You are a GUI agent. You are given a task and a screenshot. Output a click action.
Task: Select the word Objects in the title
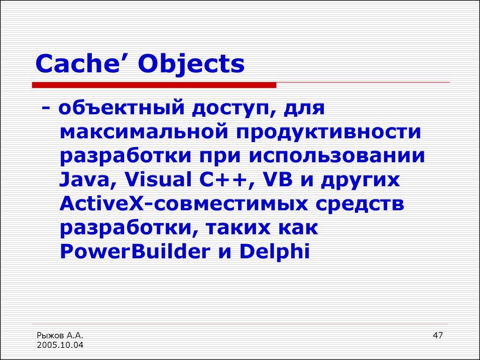tap(192, 65)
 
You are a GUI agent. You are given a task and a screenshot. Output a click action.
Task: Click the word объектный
tap(122, 109)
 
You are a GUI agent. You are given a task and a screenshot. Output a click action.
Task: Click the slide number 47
tap(438, 336)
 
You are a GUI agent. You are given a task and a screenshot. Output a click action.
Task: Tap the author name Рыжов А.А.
tap(60, 336)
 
